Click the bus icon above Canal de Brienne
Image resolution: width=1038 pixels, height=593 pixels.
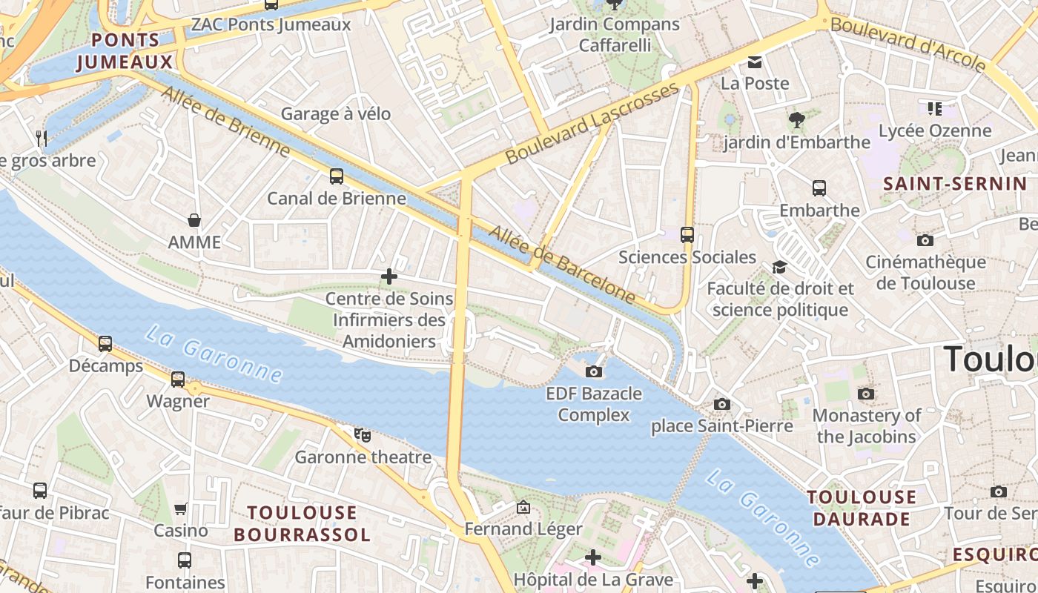point(337,176)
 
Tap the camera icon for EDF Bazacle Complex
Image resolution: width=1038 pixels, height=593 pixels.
point(594,371)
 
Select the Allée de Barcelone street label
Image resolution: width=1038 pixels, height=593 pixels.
point(563,265)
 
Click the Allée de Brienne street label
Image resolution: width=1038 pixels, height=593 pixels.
point(225,122)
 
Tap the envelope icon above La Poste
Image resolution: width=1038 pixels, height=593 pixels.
point(755,62)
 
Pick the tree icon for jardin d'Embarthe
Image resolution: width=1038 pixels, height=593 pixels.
point(797,119)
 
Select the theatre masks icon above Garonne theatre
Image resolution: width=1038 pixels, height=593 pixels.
point(363,435)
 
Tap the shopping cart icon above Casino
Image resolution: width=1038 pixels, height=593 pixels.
point(181,508)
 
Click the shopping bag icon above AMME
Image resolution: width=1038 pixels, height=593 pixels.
point(194,220)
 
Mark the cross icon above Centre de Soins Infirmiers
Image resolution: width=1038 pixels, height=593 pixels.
point(389,277)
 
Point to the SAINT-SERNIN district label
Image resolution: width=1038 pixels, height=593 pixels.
point(955,184)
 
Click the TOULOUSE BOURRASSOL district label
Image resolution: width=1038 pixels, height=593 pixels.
point(302,523)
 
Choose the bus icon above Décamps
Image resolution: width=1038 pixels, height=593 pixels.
point(105,344)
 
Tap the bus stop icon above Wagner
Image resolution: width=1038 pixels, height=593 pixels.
point(178,380)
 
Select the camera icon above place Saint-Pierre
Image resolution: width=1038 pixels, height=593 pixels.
point(722,404)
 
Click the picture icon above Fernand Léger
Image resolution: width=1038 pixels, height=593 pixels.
point(523,508)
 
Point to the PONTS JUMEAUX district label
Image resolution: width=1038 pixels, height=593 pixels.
point(119,51)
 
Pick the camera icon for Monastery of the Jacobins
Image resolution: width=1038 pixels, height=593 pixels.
point(865,394)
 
